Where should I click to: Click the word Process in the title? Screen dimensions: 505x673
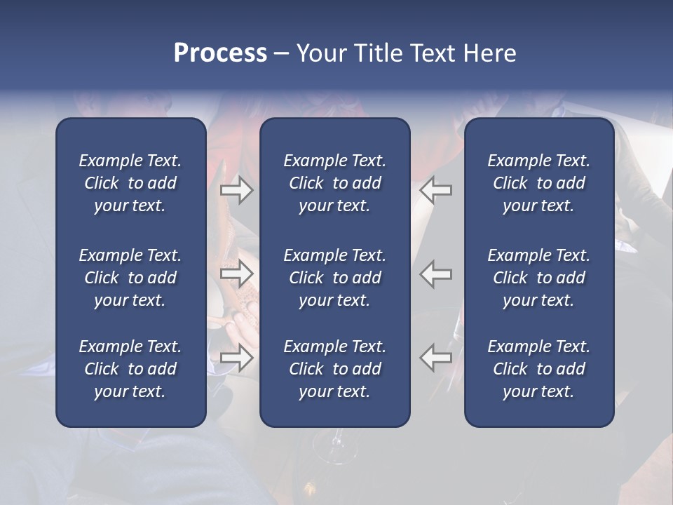(220, 53)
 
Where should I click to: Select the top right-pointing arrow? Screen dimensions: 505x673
(236, 189)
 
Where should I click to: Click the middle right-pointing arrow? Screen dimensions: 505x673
(236, 274)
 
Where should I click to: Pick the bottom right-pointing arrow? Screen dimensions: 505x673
(236, 358)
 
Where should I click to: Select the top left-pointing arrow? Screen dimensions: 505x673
(436, 189)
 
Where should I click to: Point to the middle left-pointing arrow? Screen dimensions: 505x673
(436, 274)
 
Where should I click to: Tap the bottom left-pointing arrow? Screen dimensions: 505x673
(436, 358)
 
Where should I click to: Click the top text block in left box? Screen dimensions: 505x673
(130, 183)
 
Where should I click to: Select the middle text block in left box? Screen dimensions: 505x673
(130, 278)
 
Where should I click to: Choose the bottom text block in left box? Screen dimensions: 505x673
(130, 369)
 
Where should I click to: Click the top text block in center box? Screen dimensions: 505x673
(334, 183)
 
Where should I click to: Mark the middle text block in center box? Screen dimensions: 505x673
(334, 278)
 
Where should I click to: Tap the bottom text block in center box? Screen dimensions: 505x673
(334, 369)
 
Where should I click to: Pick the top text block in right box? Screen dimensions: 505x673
(538, 183)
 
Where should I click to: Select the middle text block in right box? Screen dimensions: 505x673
(538, 278)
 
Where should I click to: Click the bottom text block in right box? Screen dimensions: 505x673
(538, 369)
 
